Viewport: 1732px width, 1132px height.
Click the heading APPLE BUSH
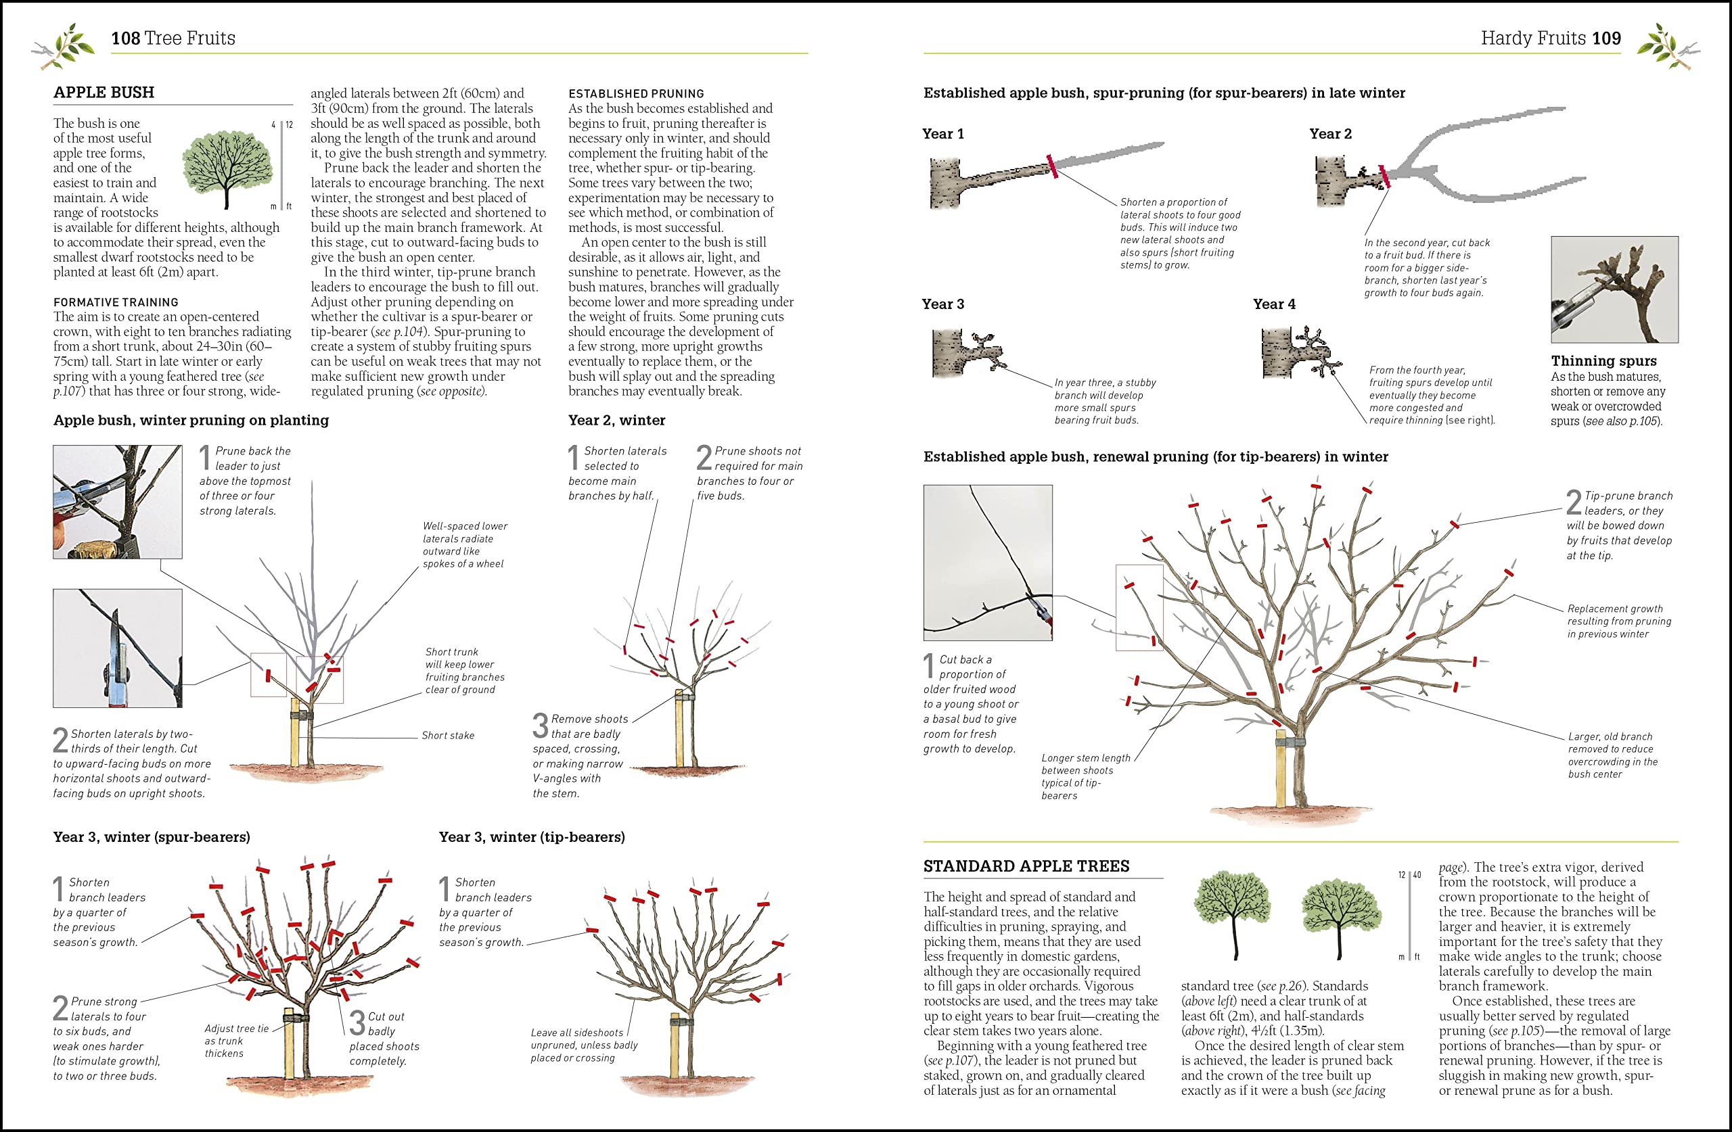coord(104,93)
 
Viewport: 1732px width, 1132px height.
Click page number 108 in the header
coord(125,38)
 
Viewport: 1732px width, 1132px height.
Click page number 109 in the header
coord(1606,38)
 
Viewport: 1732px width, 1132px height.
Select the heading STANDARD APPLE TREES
coord(1026,866)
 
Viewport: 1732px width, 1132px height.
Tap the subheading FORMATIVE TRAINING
coord(116,302)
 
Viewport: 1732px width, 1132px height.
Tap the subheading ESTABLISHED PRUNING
coord(636,94)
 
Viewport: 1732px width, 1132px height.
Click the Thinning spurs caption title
coord(1603,361)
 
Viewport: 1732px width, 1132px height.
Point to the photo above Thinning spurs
coord(1614,289)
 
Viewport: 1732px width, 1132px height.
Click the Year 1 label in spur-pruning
coord(942,134)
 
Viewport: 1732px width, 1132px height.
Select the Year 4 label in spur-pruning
coord(1273,304)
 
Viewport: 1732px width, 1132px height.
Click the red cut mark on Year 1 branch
coord(1051,166)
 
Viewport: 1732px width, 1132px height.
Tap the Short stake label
coord(448,736)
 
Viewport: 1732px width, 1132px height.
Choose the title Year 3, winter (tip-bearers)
coord(531,836)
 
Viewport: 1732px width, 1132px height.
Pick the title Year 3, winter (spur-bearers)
coord(152,836)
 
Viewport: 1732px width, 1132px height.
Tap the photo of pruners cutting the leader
coord(117,501)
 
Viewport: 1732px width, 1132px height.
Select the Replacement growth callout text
coord(1618,621)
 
